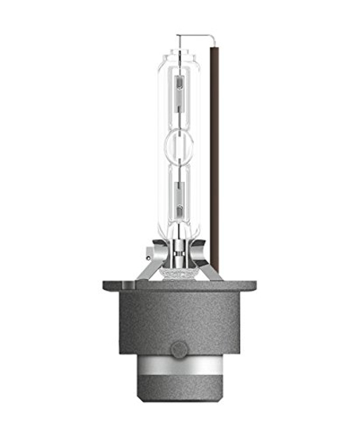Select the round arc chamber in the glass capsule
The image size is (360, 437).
click(x=181, y=143)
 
